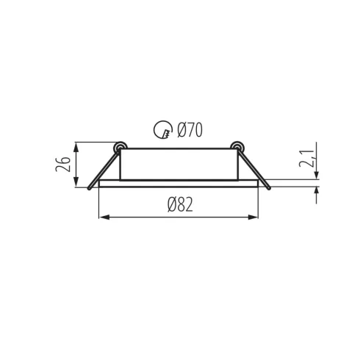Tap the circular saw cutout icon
tap(162, 132)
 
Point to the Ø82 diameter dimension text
tap(180, 206)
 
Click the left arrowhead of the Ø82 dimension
tap(103, 217)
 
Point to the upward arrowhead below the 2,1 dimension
tap(317, 192)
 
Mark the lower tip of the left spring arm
tap(89, 190)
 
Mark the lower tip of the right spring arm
tap(270, 190)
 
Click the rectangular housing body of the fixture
tap(179, 163)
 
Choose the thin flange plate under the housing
tap(179, 184)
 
